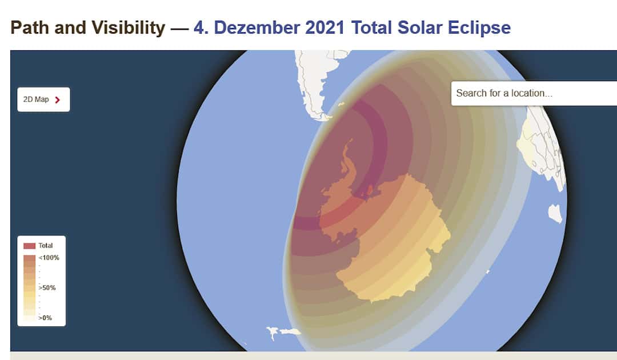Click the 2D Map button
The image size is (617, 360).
pyautogui.click(x=43, y=99)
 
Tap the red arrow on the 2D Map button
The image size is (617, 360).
pyautogui.click(x=58, y=100)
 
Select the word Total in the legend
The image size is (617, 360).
pyautogui.click(x=46, y=246)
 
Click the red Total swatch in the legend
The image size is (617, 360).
pyautogui.click(x=30, y=246)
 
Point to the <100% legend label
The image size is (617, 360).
pyautogui.click(x=49, y=258)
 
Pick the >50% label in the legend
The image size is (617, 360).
pyautogui.click(x=47, y=287)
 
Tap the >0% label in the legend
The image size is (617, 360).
pyautogui.click(x=45, y=318)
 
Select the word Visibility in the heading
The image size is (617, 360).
pyautogui.click(x=129, y=28)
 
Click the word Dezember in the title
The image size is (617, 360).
pyautogui.click(x=257, y=28)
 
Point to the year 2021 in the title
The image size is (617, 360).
pyautogui.click(x=324, y=28)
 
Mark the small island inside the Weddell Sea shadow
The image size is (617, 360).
pyautogui.click(x=370, y=190)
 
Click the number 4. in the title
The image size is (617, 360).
pyautogui.click(x=201, y=28)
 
